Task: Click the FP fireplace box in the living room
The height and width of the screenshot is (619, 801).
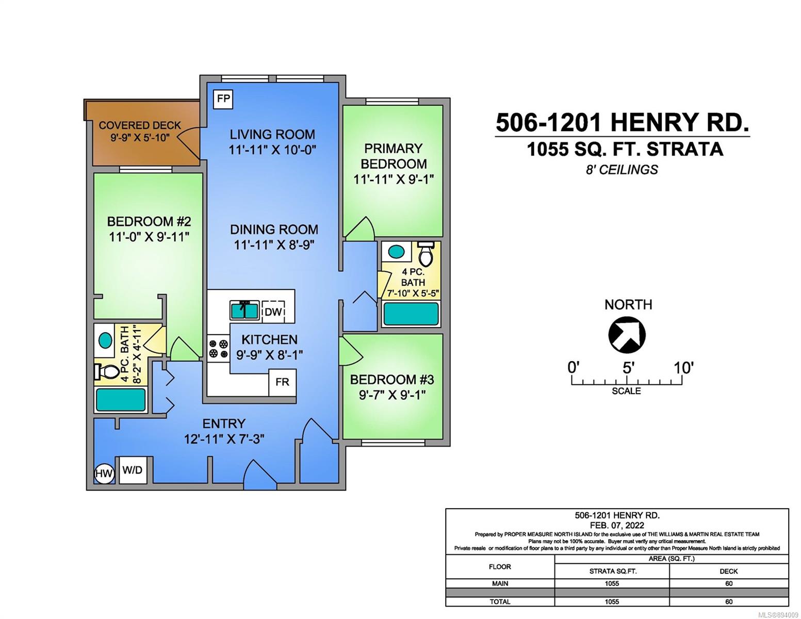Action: coord(223,99)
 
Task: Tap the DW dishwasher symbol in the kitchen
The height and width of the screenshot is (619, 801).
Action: coord(273,312)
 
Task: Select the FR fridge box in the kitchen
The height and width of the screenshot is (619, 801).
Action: coord(282,382)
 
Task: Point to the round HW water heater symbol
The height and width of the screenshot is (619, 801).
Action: coord(104,474)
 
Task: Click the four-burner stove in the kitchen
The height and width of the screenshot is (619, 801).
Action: coord(218,348)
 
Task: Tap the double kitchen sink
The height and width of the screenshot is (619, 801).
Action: coord(244,311)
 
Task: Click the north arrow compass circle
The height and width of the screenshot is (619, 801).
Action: coord(627,335)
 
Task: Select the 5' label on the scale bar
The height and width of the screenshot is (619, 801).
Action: coord(628,368)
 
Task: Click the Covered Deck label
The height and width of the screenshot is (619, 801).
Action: coord(140,125)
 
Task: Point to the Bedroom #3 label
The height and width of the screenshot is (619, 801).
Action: coord(392,379)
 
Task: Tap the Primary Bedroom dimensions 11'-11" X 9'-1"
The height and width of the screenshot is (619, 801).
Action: coord(394,179)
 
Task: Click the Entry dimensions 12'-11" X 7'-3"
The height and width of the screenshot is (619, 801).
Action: coord(224,439)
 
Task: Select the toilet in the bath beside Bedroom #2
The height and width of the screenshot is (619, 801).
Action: coord(105,372)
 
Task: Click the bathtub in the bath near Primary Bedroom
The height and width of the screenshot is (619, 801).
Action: coord(411,314)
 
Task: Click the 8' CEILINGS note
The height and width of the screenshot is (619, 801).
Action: coord(622,169)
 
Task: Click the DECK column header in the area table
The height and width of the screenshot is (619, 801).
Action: coord(728,571)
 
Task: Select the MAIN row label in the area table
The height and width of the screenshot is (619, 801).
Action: coord(500,583)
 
